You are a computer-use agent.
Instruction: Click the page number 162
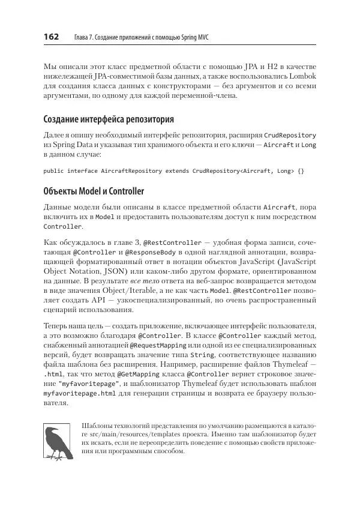pos(51,37)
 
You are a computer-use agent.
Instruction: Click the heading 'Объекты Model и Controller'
pos(94,191)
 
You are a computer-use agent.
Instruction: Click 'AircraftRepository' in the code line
pos(130,171)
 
